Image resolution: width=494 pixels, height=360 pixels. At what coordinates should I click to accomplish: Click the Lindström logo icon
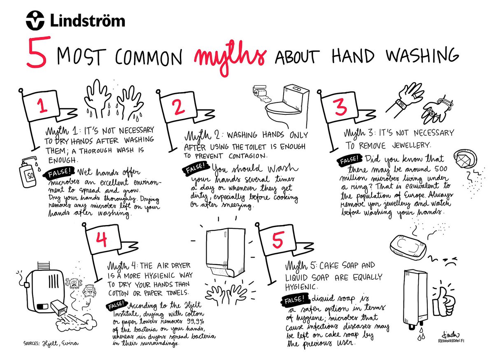35,20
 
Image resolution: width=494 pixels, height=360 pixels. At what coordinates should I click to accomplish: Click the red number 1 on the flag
42,106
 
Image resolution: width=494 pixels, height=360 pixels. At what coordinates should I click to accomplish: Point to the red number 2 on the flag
179,107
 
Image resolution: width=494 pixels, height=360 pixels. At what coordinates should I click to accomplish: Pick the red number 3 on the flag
340,107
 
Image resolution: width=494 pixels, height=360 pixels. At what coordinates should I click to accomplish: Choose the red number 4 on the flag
102,239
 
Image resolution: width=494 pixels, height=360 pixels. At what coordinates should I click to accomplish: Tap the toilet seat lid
283,107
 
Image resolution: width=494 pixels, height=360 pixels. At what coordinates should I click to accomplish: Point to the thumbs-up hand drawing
443,301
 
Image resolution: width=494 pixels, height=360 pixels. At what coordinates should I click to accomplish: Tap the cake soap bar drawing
408,247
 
